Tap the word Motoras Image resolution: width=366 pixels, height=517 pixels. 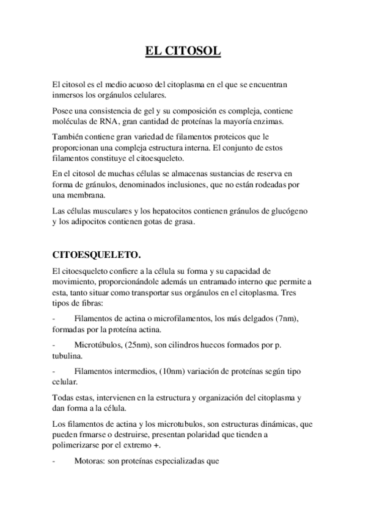point(88,462)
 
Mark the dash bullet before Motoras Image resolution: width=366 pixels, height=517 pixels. point(55,462)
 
